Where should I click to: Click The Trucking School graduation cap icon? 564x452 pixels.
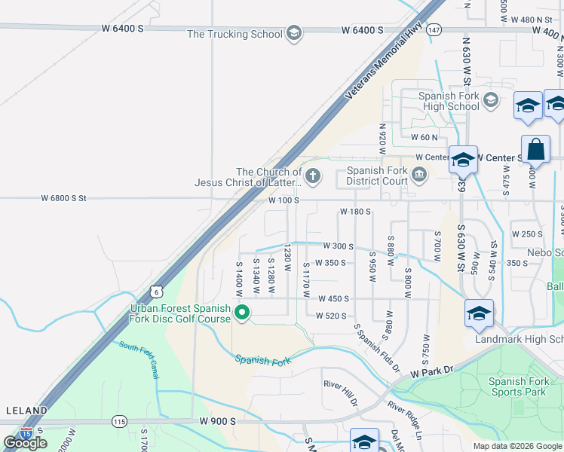coord(294,33)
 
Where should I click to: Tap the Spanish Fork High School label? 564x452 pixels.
coord(449,101)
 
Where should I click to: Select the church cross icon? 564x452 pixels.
coord(312,176)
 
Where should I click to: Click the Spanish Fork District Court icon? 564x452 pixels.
coord(419,176)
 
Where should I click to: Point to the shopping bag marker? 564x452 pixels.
coord(536,150)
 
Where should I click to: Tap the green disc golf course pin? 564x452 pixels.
coord(242,312)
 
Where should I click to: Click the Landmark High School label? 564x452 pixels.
coord(519,340)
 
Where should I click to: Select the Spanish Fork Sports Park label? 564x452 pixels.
coord(517,386)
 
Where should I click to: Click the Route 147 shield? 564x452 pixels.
coord(434,29)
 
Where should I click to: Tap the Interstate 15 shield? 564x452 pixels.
coord(26,433)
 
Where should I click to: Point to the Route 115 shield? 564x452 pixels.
coord(119,422)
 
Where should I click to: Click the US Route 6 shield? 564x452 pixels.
coord(155,291)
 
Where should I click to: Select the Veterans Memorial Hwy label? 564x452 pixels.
coord(383,66)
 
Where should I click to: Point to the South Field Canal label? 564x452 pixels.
coord(139,359)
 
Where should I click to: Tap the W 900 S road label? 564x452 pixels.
coord(218,421)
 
